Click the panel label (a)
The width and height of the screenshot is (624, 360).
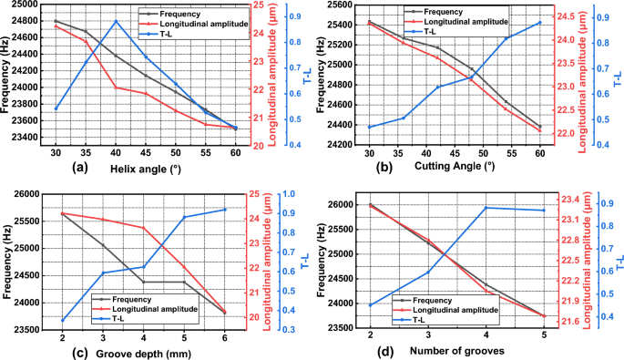(x=79, y=168)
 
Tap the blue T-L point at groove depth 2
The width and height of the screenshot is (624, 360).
(x=62, y=320)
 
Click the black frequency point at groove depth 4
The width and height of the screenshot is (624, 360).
(x=143, y=282)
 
